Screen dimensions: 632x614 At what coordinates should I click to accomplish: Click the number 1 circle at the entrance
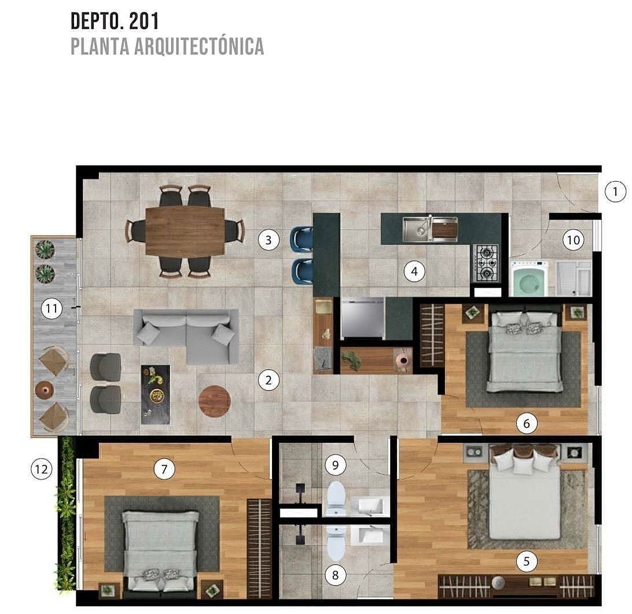pyautogui.click(x=615, y=192)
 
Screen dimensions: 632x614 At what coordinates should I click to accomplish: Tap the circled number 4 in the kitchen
pyautogui.click(x=414, y=271)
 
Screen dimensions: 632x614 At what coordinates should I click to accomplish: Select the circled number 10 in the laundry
pyautogui.click(x=573, y=240)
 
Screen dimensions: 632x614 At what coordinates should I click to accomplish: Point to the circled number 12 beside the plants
pyautogui.click(x=42, y=469)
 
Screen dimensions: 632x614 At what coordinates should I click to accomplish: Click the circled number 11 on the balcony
pyautogui.click(x=52, y=309)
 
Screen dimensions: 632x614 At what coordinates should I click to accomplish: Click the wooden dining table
pyautogui.click(x=185, y=231)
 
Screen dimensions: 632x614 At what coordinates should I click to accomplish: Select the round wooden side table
pyautogui.click(x=214, y=401)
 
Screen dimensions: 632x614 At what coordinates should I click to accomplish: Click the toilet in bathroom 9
pyautogui.click(x=336, y=498)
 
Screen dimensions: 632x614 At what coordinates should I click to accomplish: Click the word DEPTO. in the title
pyautogui.click(x=96, y=21)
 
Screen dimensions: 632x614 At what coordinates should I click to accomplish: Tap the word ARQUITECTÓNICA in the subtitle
pyautogui.click(x=199, y=46)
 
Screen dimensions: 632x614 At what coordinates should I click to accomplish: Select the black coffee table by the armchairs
pyautogui.click(x=155, y=395)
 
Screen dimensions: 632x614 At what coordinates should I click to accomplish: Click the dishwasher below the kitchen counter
pyautogui.click(x=362, y=318)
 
